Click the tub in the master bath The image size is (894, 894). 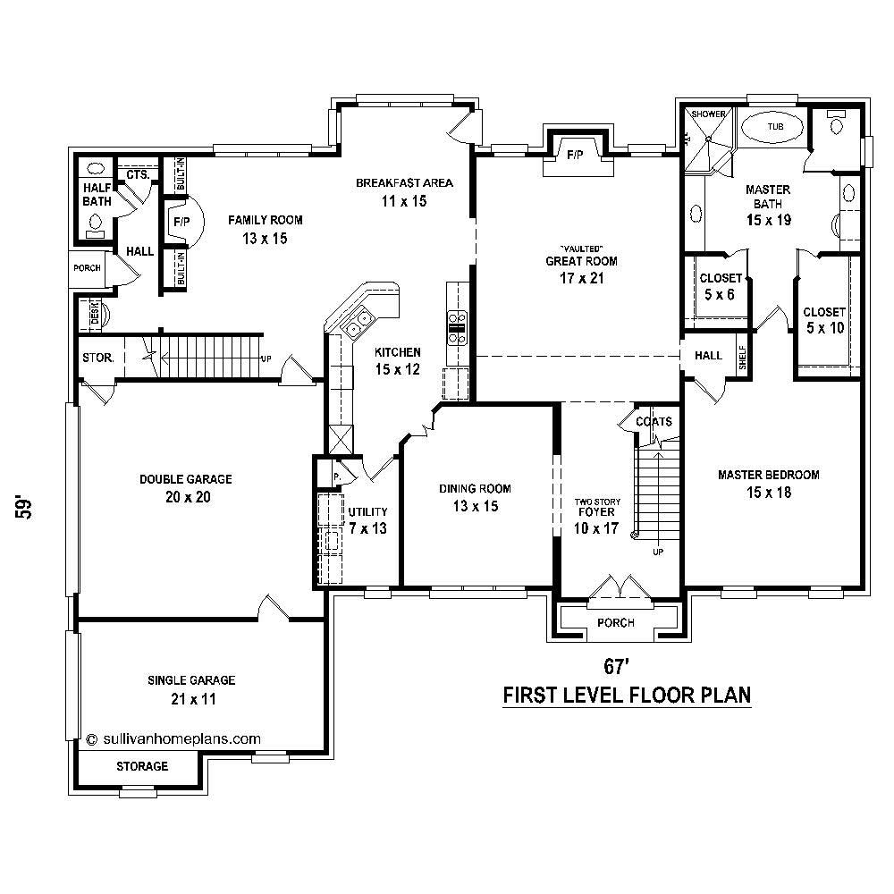click(x=774, y=128)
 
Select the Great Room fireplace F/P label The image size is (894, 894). click(x=575, y=156)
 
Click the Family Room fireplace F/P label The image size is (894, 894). click(x=181, y=220)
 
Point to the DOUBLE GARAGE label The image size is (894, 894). click(x=185, y=479)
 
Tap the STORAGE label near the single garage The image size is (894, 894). click(x=142, y=766)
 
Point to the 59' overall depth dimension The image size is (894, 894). click(x=29, y=506)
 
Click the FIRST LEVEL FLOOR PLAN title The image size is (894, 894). click(x=626, y=695)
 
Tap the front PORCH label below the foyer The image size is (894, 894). click(x=616, y=622)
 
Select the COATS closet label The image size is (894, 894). click(x=654, y=422)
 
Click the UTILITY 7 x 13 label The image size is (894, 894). click(x=367, y=519)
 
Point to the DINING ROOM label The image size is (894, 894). click(x=475, y=488)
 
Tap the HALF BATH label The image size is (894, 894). click(x=97, y=196)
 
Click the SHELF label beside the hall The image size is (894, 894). click(x=741, y=355)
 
